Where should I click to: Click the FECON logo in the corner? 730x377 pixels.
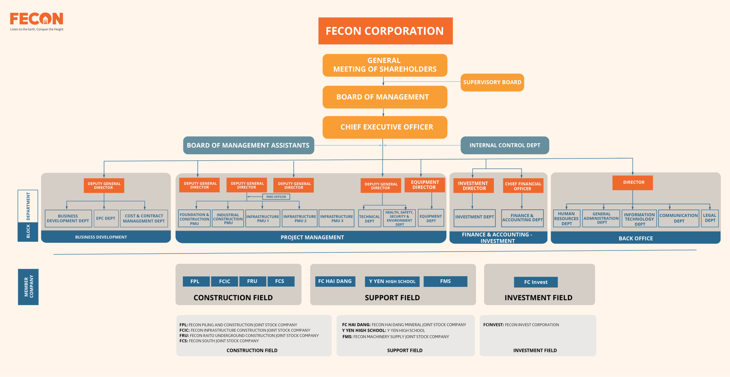coord(36,21)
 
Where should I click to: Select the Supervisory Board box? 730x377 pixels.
coord(492,82)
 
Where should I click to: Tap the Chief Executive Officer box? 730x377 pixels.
coord(385,127)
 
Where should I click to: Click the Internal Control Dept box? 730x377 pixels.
coord(505,145)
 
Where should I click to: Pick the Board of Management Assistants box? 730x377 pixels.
coord(249,145)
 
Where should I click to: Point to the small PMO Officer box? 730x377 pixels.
coord(276,197)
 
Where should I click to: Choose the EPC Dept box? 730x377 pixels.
coord(106,219)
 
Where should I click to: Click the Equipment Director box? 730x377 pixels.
coord(425,185)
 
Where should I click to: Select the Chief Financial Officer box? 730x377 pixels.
coord(523,186)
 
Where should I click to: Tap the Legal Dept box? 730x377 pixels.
coord(710,218)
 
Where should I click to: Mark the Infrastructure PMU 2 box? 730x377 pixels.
coord(300,219)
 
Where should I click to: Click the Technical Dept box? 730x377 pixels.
coord(370,219)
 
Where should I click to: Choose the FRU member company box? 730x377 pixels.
coord(252,281)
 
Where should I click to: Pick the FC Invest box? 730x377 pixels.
coord(536,282)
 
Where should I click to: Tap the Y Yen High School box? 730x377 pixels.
coord(392,281)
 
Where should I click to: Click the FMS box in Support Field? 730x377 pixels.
coord(445,281)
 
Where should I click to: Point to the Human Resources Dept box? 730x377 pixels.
coord(567,219)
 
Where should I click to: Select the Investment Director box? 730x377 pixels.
coord(473,186)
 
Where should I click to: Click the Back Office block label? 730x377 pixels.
coord(636,238)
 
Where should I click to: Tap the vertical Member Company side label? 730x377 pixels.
coord(28,287)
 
